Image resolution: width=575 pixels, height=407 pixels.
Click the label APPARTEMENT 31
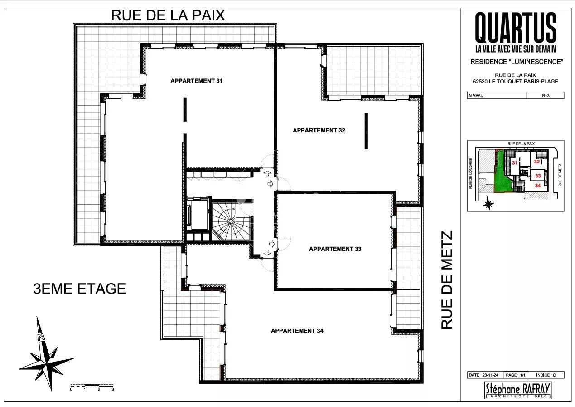click(196, 81)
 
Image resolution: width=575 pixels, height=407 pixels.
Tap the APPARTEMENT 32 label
click(319, 130)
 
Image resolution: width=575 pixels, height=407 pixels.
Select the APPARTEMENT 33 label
click(335, 249)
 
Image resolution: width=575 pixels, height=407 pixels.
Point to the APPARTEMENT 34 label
click(297, 331)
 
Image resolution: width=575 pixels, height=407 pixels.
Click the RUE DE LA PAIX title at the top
click(168, 15)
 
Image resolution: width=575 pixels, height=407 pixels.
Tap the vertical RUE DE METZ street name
click(447, 280)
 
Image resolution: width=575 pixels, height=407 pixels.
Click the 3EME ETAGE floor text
click(80, 289)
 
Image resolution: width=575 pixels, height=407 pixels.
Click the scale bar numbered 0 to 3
click(92, 387)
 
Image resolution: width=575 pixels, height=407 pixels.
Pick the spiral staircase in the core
click(231, 221)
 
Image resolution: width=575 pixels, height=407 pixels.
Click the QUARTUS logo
click(516, 28)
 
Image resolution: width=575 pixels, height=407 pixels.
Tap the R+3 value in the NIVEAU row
click(546, 96)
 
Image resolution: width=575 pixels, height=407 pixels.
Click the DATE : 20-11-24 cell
click(483, 375)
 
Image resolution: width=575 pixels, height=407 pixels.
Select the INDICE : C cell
click(546, 375)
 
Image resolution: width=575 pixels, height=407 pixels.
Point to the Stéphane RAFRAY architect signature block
click(518, 390)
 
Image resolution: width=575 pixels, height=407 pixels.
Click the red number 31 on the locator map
click(514, 163)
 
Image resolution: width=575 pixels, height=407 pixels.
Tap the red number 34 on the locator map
click(538, 186)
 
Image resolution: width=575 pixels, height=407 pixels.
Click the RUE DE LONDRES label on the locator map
click(470, 173)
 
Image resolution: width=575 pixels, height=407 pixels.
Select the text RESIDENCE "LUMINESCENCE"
click(517, 62)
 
